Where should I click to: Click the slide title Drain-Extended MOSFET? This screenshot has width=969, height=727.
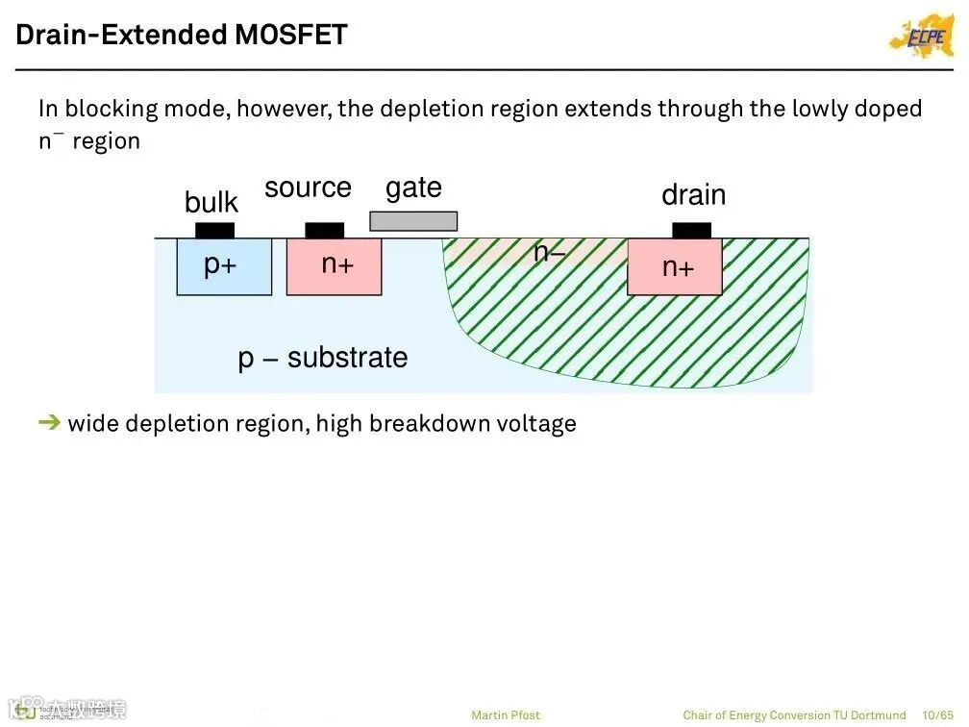(x=181, y=36)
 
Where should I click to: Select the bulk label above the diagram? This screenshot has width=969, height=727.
(x=211, y=203)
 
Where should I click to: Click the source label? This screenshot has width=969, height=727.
(x=308, y=188)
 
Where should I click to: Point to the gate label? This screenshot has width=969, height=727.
(x=413, y=188)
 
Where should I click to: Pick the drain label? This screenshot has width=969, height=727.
(x=693, y=195)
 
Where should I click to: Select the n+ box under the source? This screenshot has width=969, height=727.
(x=334, y=266)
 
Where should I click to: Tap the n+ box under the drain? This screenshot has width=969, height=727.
(x=675, y=266)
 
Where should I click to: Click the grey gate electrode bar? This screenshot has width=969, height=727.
(x=413, y=221)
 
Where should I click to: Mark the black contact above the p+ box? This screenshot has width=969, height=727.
(x=214, y=231)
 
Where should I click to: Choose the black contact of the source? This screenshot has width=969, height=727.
(x=324, y=231)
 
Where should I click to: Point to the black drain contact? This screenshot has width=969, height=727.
(x=691, y=231)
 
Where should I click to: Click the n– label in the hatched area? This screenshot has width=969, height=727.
(x=550, y=253)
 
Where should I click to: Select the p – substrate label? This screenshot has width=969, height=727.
(x=323, y=358)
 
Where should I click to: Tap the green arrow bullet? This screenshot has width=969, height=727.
(x=49, y=422)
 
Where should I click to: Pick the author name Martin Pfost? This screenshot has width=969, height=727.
(x=506, y=714)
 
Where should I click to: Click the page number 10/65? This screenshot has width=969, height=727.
(x=937, y=714)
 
